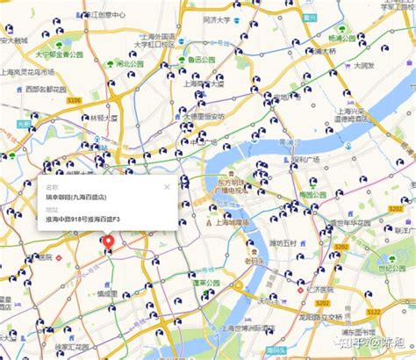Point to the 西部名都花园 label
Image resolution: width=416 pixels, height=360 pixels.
pos(46,90)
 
